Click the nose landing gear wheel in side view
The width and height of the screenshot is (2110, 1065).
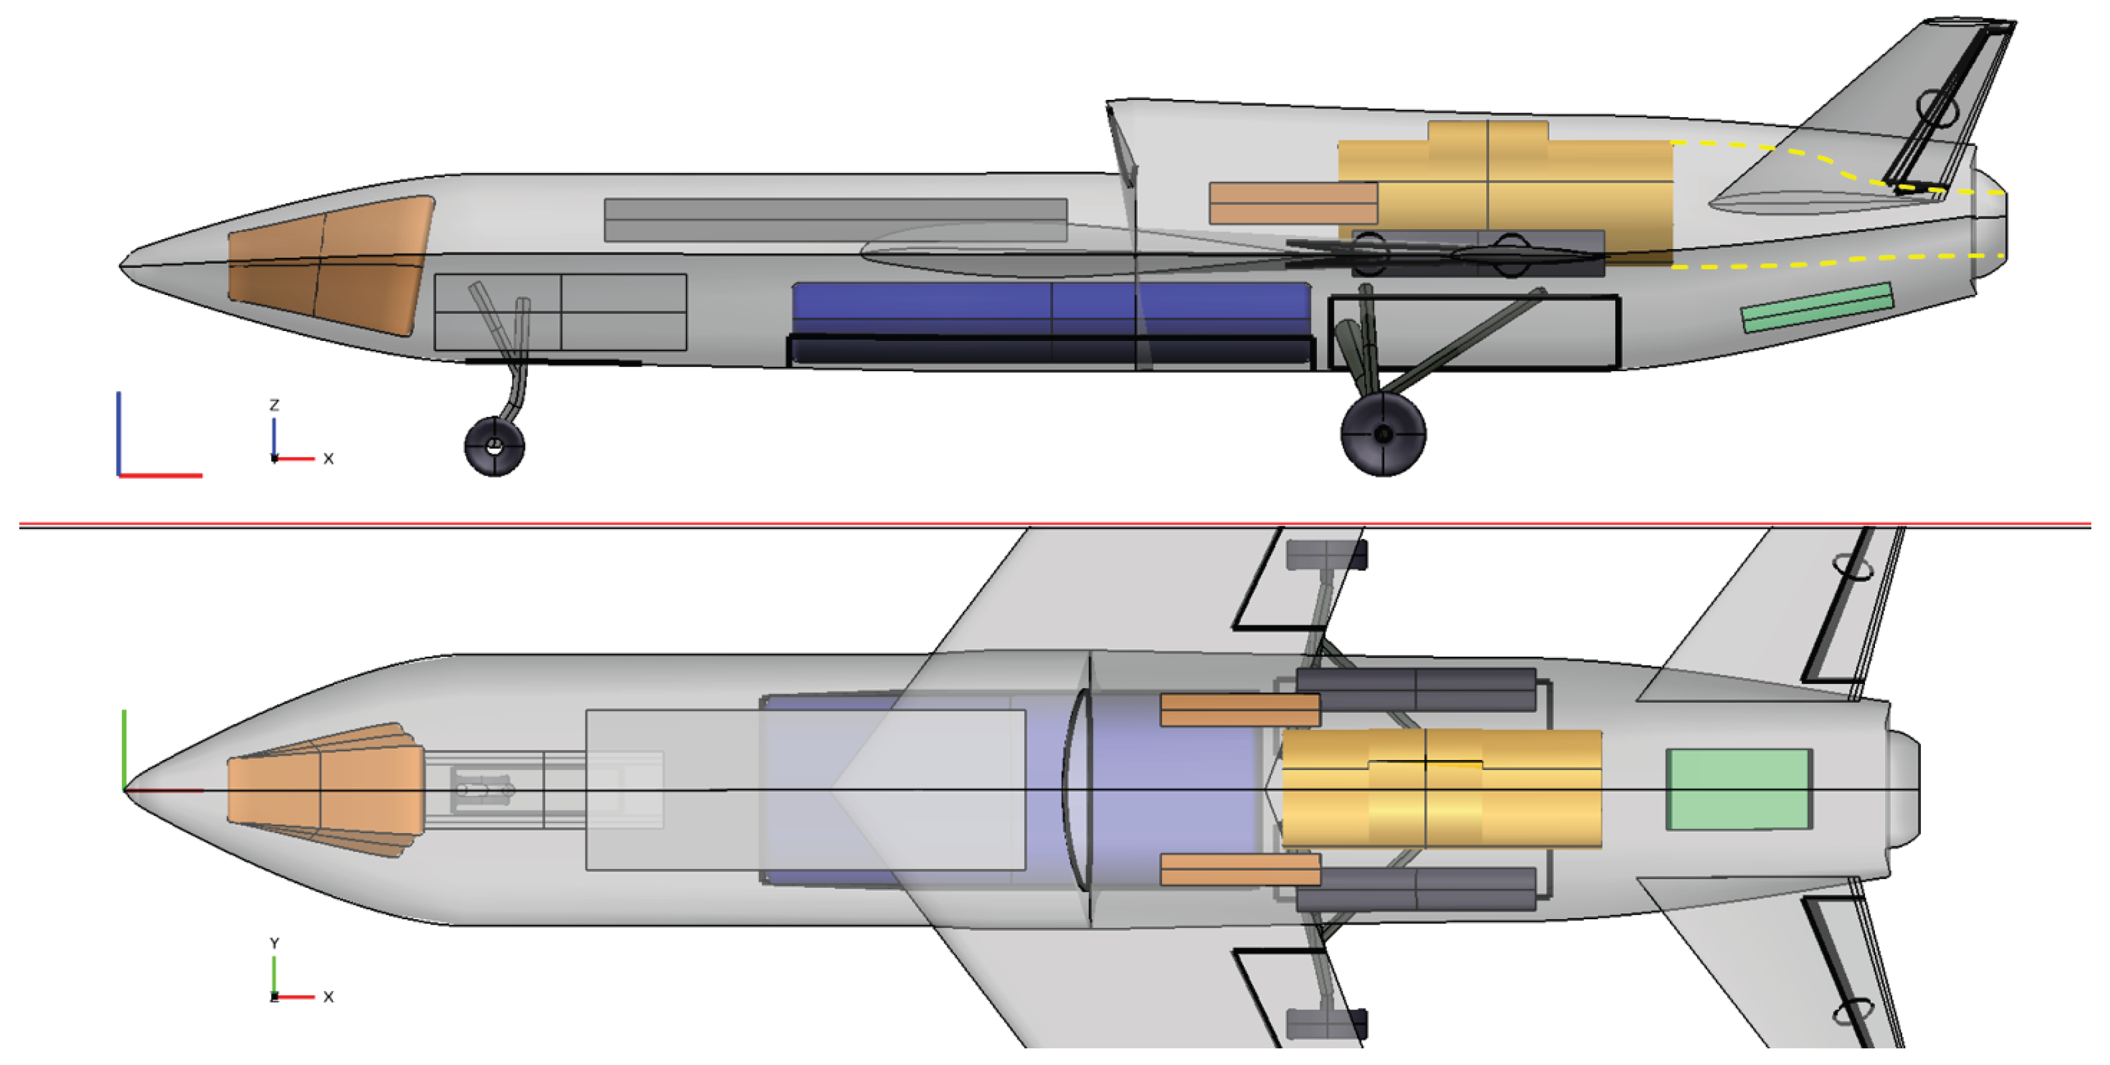[x=494, y=446]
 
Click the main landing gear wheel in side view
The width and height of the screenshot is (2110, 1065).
[x=1383, y=434]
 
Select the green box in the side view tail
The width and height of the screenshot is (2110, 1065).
[x=1817, y=307]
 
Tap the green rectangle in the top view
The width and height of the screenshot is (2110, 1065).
[x=1739, y=788]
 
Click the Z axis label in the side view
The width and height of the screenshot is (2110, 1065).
[x=274, y=406]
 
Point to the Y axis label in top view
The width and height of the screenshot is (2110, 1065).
[x=274, y=944]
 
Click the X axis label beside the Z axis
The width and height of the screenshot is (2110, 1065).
[x=328, y=459]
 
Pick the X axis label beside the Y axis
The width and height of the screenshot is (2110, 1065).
[x=328, y=997]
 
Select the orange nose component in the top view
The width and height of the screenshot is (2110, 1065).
[x=326, y=789]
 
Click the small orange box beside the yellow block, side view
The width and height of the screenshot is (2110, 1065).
[x=1292, y=203]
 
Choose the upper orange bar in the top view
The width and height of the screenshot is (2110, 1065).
[x=1239, y=710]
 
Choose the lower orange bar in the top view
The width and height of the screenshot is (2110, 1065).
[x=1239, y=870]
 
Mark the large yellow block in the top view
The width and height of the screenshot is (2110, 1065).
[x=1442, y=788]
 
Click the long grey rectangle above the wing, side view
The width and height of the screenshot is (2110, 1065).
[x=836, y=220]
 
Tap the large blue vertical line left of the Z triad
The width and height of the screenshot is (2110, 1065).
[x=119, y=432]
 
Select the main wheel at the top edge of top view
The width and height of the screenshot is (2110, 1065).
[x=1325, y=555]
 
